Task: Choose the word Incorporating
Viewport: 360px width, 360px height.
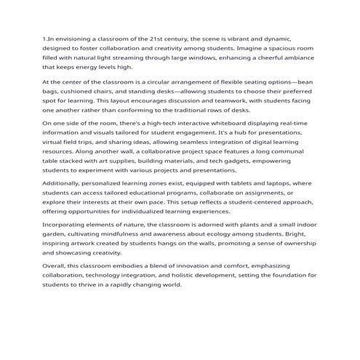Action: (x=70, y=225)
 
